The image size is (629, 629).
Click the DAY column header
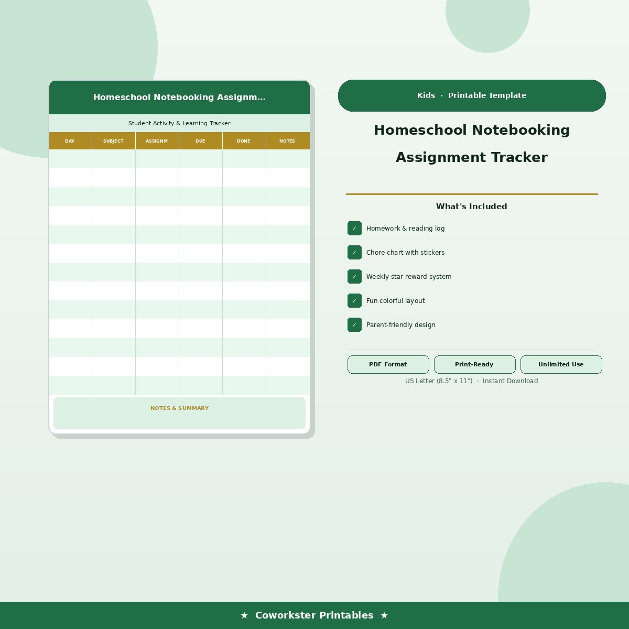[x=70, y=141]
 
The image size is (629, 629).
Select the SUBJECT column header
[x=113, y=141]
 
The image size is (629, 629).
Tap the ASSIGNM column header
[x=157, y=141]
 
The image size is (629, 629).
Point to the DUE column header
[x=200, y=141]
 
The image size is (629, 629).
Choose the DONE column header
[x=244, y=141]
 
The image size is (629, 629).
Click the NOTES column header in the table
[x=287, y=141]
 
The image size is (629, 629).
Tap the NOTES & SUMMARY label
[x=179, y=408]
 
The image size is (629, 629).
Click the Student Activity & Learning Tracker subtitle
[x=179, y=123]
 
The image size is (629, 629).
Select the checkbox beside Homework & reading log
[x=354, y=229]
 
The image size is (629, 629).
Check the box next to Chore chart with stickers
[x=354, y=253]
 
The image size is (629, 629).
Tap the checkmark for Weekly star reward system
[x=354, y=277]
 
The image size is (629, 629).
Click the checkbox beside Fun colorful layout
[x=354, y=301]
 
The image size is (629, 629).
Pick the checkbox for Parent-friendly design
[x=354, y=325]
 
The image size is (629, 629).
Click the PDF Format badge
[x=388, y=364]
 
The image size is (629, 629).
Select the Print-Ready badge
[x=474, y=364]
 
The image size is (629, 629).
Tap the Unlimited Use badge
[x=561, y=364]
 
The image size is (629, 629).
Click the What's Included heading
[x=471, y=207]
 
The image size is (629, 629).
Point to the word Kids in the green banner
[x=426, y=95]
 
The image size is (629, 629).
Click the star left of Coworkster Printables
[x=244, y=615]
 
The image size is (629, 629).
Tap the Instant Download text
[x=510, y=381]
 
